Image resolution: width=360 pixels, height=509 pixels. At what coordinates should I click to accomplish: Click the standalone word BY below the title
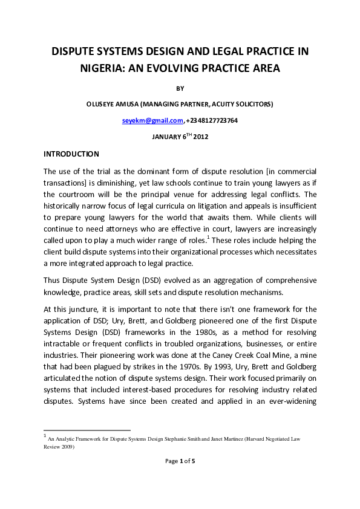pos(180,88)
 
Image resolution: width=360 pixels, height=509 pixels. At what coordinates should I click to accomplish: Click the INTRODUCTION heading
pos(71,154)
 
